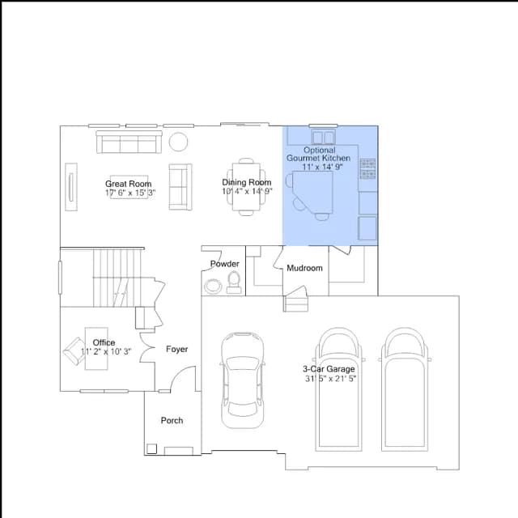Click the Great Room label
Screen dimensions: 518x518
(x=128, y=184)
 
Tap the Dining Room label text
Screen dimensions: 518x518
(x=246, y=182)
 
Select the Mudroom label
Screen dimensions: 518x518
(x=304, y=268)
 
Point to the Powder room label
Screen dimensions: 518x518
(x=225, y=264)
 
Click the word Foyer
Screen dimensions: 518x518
(x=176, y=349)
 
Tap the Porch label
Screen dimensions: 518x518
(x=172, y=421)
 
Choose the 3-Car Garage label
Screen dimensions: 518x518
(x=329, y=369)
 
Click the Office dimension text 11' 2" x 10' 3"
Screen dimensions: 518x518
(x=106, y=351)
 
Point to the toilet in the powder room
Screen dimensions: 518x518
(x=234, y=282)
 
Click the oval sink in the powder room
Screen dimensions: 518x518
(x=213, y=286)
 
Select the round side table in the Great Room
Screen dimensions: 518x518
(x=178, y=142)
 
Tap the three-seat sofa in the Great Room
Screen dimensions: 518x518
(x=129, y=142)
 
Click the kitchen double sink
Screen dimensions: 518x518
(x=324, y=137)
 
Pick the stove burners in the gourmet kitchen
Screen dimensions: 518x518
(x=367, y=169)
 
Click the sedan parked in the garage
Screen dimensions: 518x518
(x=243, y=380)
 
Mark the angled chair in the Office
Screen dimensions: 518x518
(x=74, y=350)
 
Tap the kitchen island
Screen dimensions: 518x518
(x=312, y=193)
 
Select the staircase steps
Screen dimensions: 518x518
(x=117, y=278)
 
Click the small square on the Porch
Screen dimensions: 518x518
(x=151, y=448)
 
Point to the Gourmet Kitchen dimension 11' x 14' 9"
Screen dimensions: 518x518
(x=322, y=167)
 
